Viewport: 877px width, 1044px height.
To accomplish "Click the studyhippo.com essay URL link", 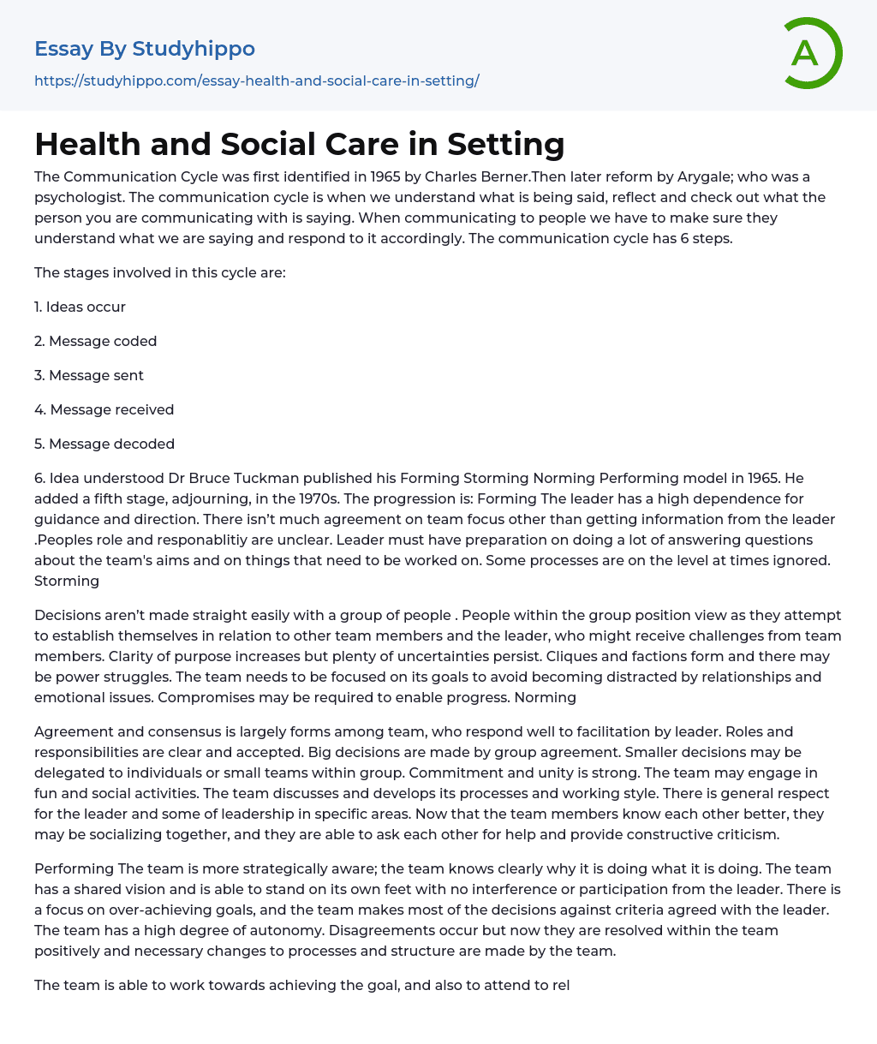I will (256, 81).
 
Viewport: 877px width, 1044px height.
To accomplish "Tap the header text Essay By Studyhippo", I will (145, 49).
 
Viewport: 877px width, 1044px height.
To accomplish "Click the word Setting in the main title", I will (506, 144).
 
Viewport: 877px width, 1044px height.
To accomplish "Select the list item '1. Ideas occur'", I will (80, 307).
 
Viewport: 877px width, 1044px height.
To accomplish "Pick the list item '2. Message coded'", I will (95, 341).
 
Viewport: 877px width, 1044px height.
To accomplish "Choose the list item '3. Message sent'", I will (89, 375).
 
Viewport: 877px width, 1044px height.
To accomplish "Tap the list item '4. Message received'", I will (104, 409).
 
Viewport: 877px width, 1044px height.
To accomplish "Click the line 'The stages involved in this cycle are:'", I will (159, 272).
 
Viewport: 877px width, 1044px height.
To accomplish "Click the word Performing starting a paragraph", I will (74, 868).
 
